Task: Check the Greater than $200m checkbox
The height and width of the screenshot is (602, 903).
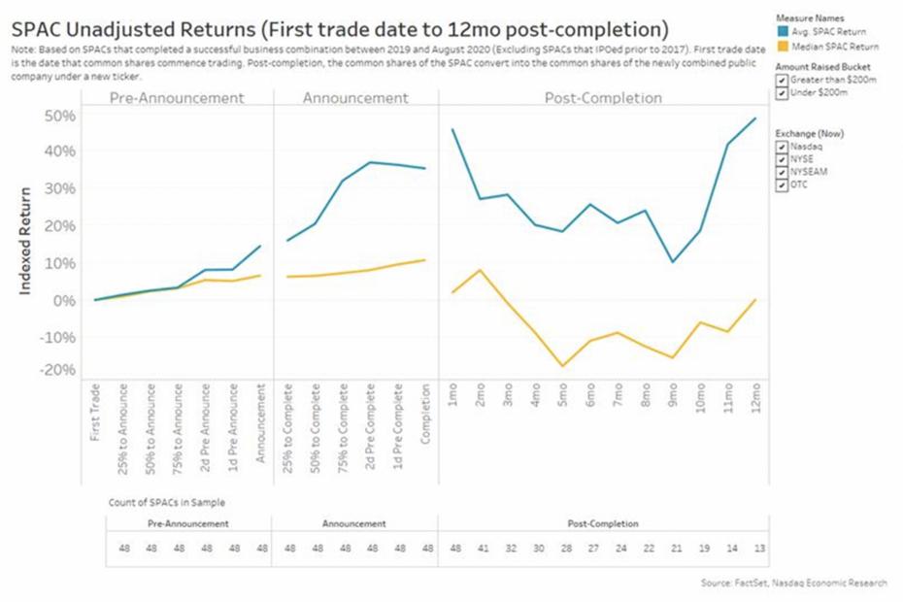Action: click(x=783, y=81)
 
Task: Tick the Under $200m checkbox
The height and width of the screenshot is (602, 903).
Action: click(x=783, y=94)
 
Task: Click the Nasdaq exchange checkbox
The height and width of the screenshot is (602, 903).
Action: click(x=783, y=146)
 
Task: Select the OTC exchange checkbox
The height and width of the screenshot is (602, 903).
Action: click(x=783, y=184)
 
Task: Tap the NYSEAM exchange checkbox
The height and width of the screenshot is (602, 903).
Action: click(x=783, y=171)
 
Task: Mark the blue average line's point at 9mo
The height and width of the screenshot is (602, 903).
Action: click(x=673, y=262)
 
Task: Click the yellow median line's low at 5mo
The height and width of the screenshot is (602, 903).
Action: click(x=562, y=366)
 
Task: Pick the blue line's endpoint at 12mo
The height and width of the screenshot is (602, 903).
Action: click(x=755, y=118)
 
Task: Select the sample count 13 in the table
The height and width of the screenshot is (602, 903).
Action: click(x=758, y=549)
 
